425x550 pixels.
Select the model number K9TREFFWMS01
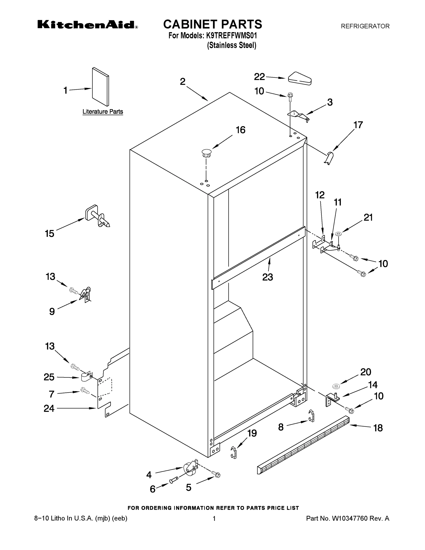[231, 36]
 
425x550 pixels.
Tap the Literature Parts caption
[103, 112]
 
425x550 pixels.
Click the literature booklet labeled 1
[100, 87]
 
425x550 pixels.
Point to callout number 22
[259, 77]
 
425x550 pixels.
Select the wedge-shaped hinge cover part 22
[300, 79]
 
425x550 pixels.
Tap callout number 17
[358, 125]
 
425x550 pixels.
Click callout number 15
[49, 234]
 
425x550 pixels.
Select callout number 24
[49, 408]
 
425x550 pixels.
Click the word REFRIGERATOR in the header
[365, 26]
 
